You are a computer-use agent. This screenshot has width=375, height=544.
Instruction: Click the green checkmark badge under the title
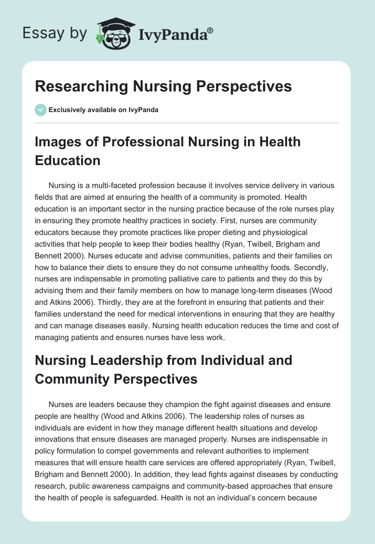click(40, 110)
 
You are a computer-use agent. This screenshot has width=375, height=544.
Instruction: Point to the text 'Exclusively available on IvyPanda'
click(104, 110)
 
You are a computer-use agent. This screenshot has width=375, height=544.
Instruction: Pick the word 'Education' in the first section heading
click(67, 160)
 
